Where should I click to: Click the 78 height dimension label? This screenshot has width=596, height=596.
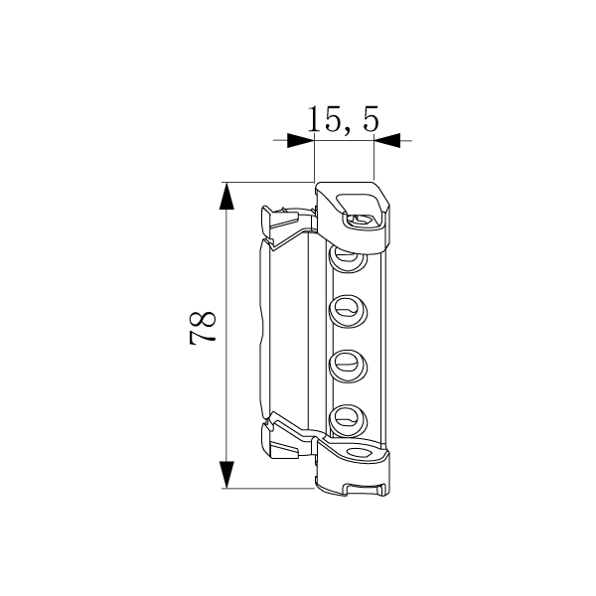point(203,329)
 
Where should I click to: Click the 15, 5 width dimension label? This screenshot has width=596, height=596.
point(344,119)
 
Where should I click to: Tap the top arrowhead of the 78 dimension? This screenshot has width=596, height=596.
point(226,196)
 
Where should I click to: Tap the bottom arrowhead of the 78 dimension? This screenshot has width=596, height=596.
point(226,475)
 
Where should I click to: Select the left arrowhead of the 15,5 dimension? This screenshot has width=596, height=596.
point(301,140)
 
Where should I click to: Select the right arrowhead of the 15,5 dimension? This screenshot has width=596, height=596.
point(387,140)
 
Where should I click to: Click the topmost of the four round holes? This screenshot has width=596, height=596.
point(348,259)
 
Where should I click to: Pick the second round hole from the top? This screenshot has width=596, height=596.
point(348,311)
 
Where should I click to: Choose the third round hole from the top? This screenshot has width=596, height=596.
point(348,366)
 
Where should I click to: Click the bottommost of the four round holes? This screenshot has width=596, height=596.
point(348,421)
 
